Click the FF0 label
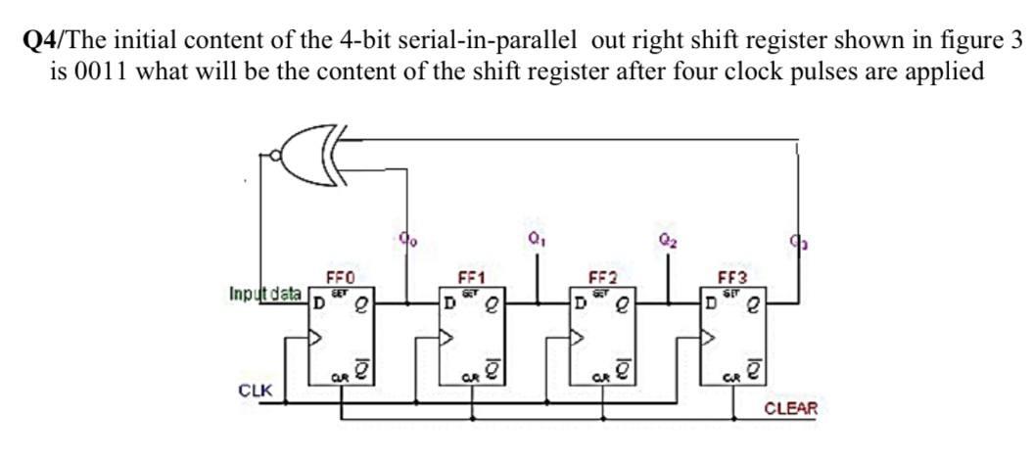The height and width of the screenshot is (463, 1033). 340,277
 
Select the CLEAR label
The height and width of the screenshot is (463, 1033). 788,408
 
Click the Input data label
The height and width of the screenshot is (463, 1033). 263,293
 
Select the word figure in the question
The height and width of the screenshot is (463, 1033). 941,40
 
